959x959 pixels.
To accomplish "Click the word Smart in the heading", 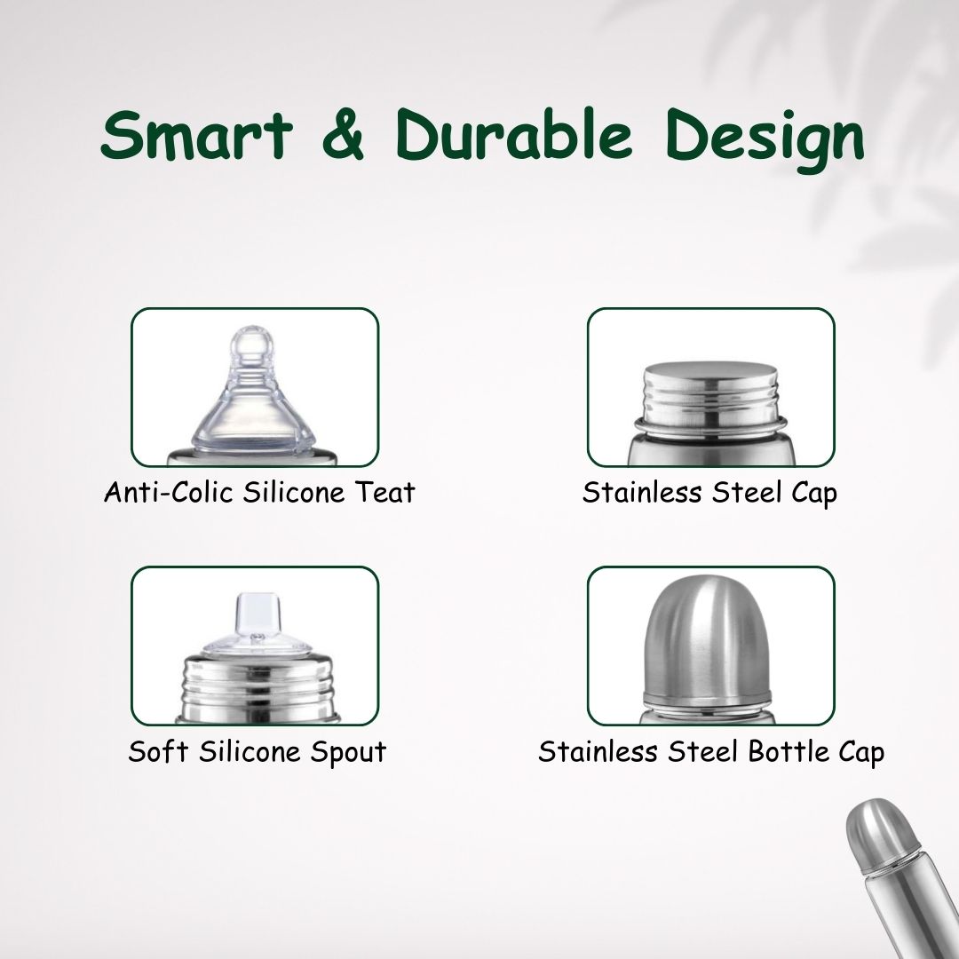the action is pyautogui.click(x=197, y=135).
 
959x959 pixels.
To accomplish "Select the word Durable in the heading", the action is pyautogui.click(x=514, y=134).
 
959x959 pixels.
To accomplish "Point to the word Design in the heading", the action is pyautogui.click(x=765, y=140).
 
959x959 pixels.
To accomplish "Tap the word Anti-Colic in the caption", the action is pyautogui.click(x=168, y=492).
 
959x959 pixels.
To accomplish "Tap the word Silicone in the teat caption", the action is pyautogui.click(x=294, y=492).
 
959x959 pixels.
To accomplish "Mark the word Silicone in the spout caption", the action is pyautogui.click(x=250, y=752).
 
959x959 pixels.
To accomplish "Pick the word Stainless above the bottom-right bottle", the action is pyautogui.click(x=598, y=752).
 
